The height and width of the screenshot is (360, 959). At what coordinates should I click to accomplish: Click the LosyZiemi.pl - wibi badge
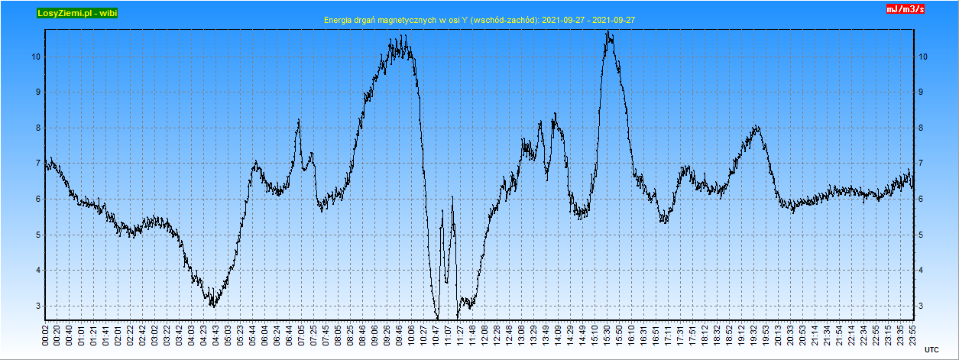[77, 13]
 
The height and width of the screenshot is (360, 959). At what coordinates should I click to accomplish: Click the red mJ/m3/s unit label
[925, 9]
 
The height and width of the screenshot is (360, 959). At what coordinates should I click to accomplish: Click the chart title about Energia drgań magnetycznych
[479, 20]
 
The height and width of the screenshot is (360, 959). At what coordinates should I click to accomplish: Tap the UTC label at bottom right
[931, 349]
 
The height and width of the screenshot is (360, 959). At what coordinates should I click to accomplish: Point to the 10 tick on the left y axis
[36, 57]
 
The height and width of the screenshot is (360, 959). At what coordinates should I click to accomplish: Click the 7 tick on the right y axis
[922, 164]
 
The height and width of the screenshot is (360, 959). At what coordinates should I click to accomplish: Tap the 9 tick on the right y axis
[922, 92]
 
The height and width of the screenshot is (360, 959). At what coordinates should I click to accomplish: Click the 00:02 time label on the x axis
[47, 335]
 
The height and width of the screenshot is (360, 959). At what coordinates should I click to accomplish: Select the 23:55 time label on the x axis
[912, 335]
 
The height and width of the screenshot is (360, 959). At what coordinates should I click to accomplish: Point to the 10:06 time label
[412, 335]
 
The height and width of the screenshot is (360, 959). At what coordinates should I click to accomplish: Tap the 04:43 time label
[215, 335]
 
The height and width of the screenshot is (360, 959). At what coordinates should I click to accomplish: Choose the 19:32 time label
[754, 335]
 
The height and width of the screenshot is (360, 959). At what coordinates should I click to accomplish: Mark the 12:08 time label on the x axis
[485, 335]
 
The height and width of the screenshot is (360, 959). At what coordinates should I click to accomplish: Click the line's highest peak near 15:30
[607, 33]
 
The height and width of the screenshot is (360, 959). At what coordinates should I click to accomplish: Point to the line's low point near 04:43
[213, 306]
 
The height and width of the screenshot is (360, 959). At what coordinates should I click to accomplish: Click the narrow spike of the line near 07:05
[299, 121]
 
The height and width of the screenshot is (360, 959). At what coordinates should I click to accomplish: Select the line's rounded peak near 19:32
[756, 128]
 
